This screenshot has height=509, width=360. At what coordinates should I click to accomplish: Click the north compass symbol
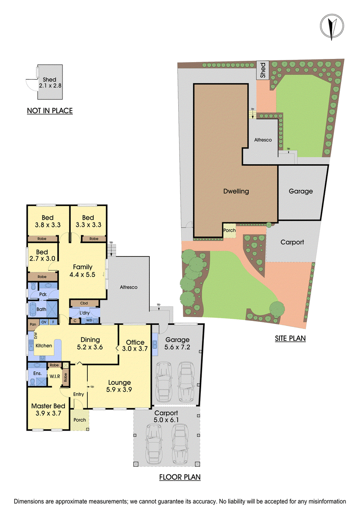[x=332, y=27]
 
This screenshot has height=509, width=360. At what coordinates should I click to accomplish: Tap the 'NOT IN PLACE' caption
[x=49, y=111]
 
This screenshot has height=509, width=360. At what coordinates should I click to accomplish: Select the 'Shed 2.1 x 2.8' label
[x=49, y=82]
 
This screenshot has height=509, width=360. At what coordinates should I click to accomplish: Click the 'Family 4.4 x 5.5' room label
[x=82, y=271]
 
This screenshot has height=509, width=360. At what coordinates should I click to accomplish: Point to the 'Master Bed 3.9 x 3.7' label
[x=48, y=410]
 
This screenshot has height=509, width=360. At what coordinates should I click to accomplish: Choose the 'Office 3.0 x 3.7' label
[x=135, y=345]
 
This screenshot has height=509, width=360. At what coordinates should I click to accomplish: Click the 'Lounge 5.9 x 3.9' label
[x=119, y=386]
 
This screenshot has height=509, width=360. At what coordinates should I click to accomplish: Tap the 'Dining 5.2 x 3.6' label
[x=90, y=343]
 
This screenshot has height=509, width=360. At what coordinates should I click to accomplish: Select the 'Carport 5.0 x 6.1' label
[x=166, y=416]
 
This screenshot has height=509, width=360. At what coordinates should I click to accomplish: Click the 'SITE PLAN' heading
[x=290, y=338]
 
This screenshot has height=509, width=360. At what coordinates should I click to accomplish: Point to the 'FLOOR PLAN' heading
[x=180, y=477]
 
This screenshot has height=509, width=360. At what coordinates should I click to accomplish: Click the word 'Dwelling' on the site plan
[x=236, y=192]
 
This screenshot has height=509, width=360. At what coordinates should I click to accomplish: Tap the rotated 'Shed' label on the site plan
[x=263, y=70]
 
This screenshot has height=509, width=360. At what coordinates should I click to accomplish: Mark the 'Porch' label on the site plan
[x=229, y=230]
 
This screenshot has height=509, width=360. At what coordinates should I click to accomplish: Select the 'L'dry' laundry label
[x=85, y=313]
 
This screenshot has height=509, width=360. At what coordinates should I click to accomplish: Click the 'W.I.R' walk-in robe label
[x=54, y=376]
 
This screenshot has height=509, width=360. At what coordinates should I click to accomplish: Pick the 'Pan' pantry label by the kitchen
[x=33, y=324]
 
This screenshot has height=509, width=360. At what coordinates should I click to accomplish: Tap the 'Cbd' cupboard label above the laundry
[x=84, y=303]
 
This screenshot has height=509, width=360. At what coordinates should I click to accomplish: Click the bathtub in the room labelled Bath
[x=32, y=309]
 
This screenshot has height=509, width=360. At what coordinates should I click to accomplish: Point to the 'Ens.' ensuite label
[x=38, y=373]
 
